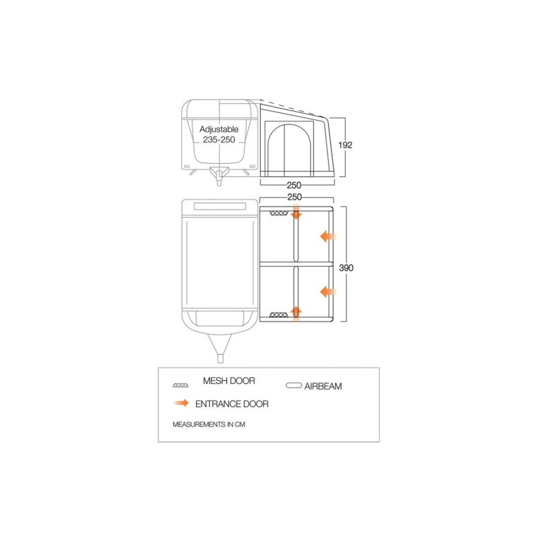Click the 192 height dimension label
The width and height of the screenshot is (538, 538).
point(345,145)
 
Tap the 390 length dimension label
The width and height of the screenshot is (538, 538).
point(346,268)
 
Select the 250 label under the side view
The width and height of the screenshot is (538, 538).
point(294,185)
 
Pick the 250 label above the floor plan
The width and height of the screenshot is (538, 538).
point(295,197)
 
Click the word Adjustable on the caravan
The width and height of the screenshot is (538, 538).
point(219,129)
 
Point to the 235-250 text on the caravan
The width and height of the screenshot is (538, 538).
point(219,140)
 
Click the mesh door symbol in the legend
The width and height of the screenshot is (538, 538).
point(181,385)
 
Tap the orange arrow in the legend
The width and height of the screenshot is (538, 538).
point(181,403)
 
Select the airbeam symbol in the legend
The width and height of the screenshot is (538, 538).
point(294,385)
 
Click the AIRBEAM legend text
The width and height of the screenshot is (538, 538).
point(323,386)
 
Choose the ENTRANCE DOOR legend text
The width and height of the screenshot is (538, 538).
point(232,404)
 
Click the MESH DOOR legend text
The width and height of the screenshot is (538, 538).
point(229,381)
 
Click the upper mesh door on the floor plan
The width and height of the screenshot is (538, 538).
point(279,214)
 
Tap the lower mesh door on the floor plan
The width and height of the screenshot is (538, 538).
point(279,315)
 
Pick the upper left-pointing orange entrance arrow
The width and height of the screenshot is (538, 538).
point(328,237)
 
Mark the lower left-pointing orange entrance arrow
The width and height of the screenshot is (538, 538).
point(328,292)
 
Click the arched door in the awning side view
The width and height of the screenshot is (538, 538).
point(289,151)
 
